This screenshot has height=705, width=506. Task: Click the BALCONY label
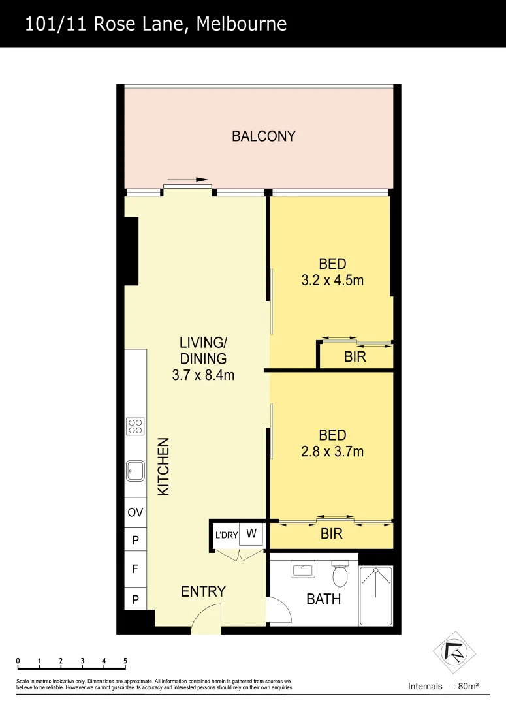pos(264,136)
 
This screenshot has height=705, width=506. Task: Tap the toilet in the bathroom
pos(340,574)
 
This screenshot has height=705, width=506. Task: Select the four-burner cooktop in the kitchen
pos(136,427)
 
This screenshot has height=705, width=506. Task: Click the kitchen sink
pos(136,470)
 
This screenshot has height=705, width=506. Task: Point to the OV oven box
pos(135,513)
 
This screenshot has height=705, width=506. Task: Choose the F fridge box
pos(135,569)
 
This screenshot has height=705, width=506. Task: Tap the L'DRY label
pos(226,535)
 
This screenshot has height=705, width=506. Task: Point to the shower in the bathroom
pos(375,595)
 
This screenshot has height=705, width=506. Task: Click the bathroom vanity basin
pos(303,570)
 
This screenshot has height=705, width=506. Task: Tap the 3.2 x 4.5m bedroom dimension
pos(332,281)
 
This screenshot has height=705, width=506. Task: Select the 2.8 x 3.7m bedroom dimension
pos(332,451)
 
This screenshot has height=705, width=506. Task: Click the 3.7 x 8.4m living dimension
pos(203,375)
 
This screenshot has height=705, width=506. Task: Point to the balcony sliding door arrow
pos(188,180)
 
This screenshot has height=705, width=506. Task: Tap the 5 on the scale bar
pos(125,661)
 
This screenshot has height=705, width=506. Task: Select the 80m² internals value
pos(467,686)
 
